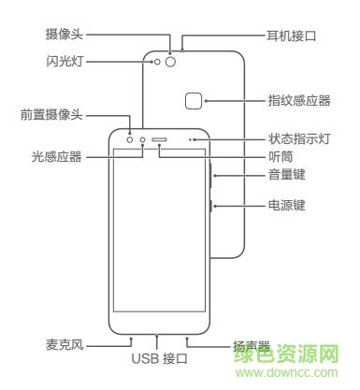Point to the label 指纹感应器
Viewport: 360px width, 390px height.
pos(299,100)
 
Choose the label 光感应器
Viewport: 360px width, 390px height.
pos(58,157)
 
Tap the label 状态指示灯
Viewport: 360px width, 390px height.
pos(299,140)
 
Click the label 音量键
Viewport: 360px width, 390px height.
pos(286,174)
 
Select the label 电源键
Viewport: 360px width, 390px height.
pos(286,204)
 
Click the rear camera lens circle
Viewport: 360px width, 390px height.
pos(170,64)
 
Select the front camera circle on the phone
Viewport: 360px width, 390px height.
pos(130,143)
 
